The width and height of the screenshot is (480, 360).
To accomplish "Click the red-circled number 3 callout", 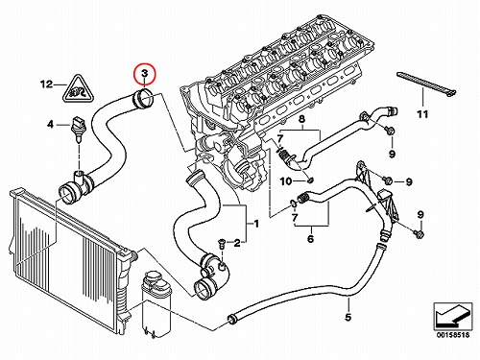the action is [x=144, y=74].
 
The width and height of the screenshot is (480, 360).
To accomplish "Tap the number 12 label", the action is [x=46, y=84].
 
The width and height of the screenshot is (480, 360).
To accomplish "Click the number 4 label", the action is [x=50, y=124].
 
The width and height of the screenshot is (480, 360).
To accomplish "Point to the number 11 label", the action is [x=422, y=114].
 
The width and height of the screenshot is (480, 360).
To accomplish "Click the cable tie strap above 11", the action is [x=426, y=84].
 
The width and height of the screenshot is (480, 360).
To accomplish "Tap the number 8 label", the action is [x=301, y=120].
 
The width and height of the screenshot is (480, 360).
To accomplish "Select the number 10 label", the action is [x=286, y=181].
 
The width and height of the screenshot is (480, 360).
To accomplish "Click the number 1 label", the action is [x=256, y=224].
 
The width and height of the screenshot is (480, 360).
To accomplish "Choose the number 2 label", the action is [x=236, y=244].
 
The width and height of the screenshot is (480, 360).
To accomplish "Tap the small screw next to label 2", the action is [x=220, y=242].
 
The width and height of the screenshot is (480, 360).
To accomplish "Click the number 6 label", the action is [x=310, y=239].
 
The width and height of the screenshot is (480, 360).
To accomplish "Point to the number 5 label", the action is [x=348, y=317].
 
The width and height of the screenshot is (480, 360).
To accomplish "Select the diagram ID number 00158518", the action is [x=453, y=335].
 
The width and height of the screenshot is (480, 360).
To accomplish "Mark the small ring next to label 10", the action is [x=309, y=181].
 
